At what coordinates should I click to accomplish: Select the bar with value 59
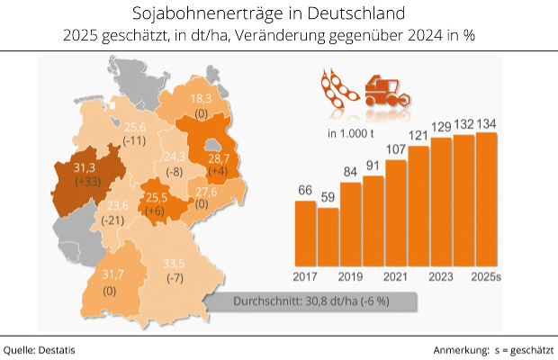coord(328,235)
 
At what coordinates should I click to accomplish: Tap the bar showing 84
coord(350,222)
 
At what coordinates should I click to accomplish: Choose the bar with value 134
coord(487,198)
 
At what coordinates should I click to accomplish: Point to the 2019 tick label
coord(350,274)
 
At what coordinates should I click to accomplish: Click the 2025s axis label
coord(487,274)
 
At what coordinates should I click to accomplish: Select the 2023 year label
coord(441,274)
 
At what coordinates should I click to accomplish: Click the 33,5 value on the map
coord(173,263)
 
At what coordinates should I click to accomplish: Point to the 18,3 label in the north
coord(199,99)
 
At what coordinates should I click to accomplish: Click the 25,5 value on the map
coord(157,197)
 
